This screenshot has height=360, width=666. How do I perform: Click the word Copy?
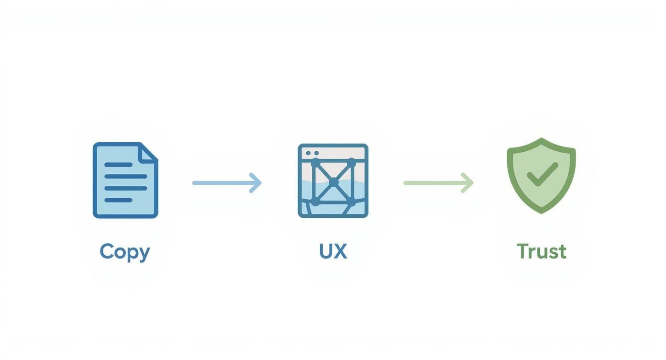coord(125,252)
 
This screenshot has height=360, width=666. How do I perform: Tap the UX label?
coord(333,251)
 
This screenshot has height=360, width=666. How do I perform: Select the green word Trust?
coord(541,251)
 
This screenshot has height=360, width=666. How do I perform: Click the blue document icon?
coord(125,180)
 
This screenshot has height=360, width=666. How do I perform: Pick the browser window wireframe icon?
coord(333,180)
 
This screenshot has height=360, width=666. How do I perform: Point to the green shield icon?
coord(541,175)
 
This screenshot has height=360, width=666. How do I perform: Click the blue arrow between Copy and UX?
coord(227,183)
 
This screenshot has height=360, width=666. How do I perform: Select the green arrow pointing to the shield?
coord(438,182)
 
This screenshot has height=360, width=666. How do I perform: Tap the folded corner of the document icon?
coord(149,152)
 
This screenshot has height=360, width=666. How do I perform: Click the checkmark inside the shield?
coord(542,174)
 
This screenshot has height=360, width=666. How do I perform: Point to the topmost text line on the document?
coord(118,165)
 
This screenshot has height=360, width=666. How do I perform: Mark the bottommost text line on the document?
coord(118,200)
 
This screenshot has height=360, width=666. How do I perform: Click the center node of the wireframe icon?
coord(333,182)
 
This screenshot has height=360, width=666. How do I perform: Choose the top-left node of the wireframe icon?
coord(315,164)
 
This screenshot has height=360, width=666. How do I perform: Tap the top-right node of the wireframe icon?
coord(352,164)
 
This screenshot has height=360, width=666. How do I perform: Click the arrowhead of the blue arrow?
coord(256,183)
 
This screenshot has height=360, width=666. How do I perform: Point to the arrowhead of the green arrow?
coord(468,182)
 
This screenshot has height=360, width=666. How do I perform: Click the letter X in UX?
coord(340,251)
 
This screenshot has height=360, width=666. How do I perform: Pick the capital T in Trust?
coord(522,251)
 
